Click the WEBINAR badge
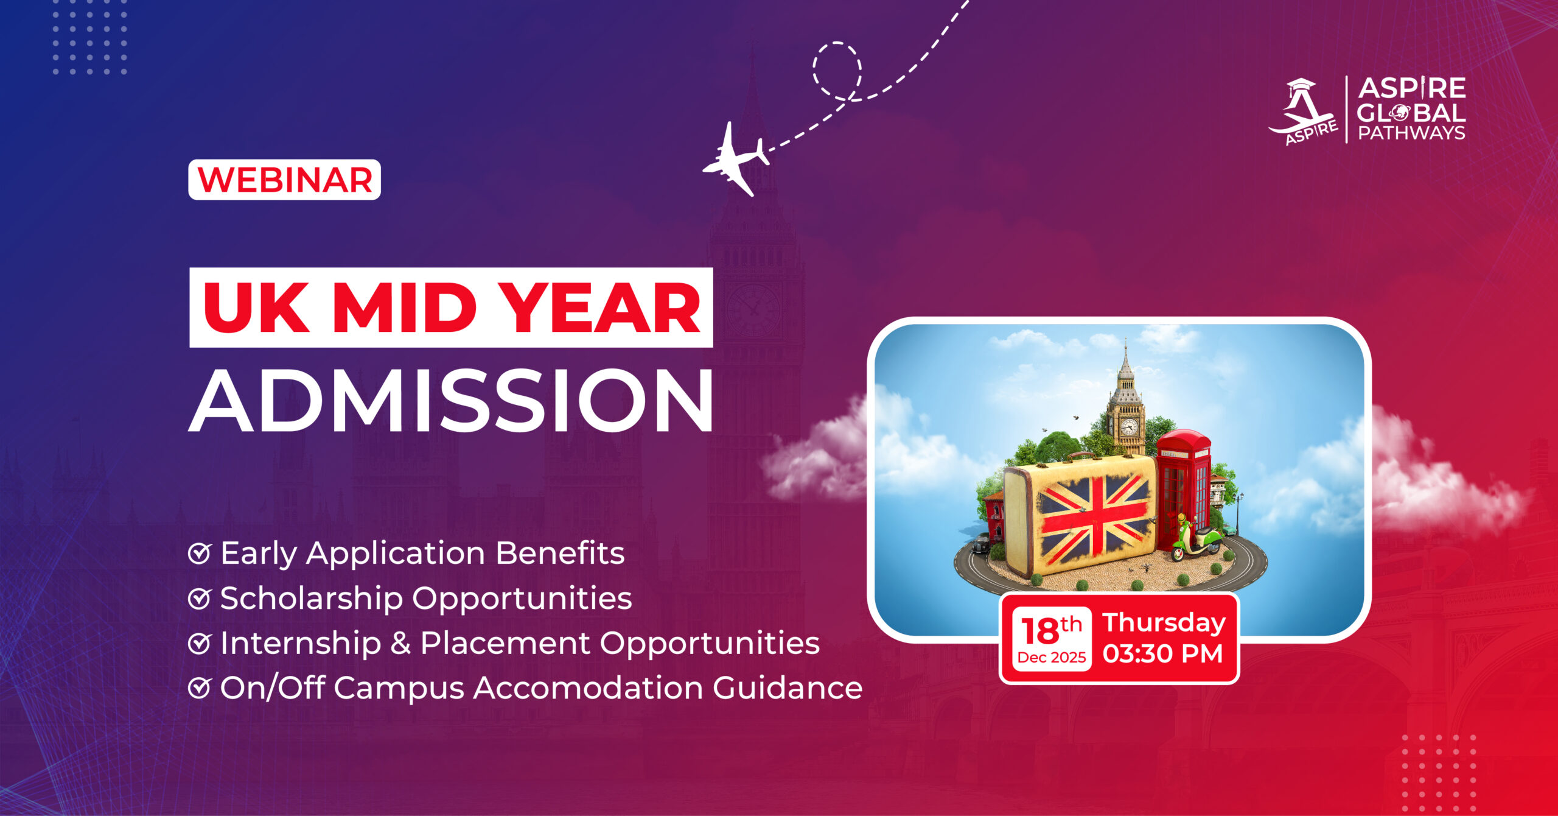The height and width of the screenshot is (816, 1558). (x=284, y=180)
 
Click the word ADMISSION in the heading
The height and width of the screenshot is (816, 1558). (x=451, y=400)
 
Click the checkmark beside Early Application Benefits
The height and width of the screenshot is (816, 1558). (x=199, y=554)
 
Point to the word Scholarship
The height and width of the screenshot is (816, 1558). (x=312, y=598)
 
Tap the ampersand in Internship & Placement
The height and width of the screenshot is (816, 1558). (x=400, y=643)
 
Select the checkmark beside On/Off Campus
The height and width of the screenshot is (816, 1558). (x=199, y=688)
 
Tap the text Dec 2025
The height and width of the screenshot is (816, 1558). (x=1052, y=658)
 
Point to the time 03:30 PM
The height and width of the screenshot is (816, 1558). (x=1163, y=654)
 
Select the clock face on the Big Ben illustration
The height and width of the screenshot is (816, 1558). (x=1129, y=426)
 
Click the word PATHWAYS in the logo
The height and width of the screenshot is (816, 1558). (x=1412, y=133)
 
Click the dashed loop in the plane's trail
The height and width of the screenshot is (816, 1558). (x=837, y=70)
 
